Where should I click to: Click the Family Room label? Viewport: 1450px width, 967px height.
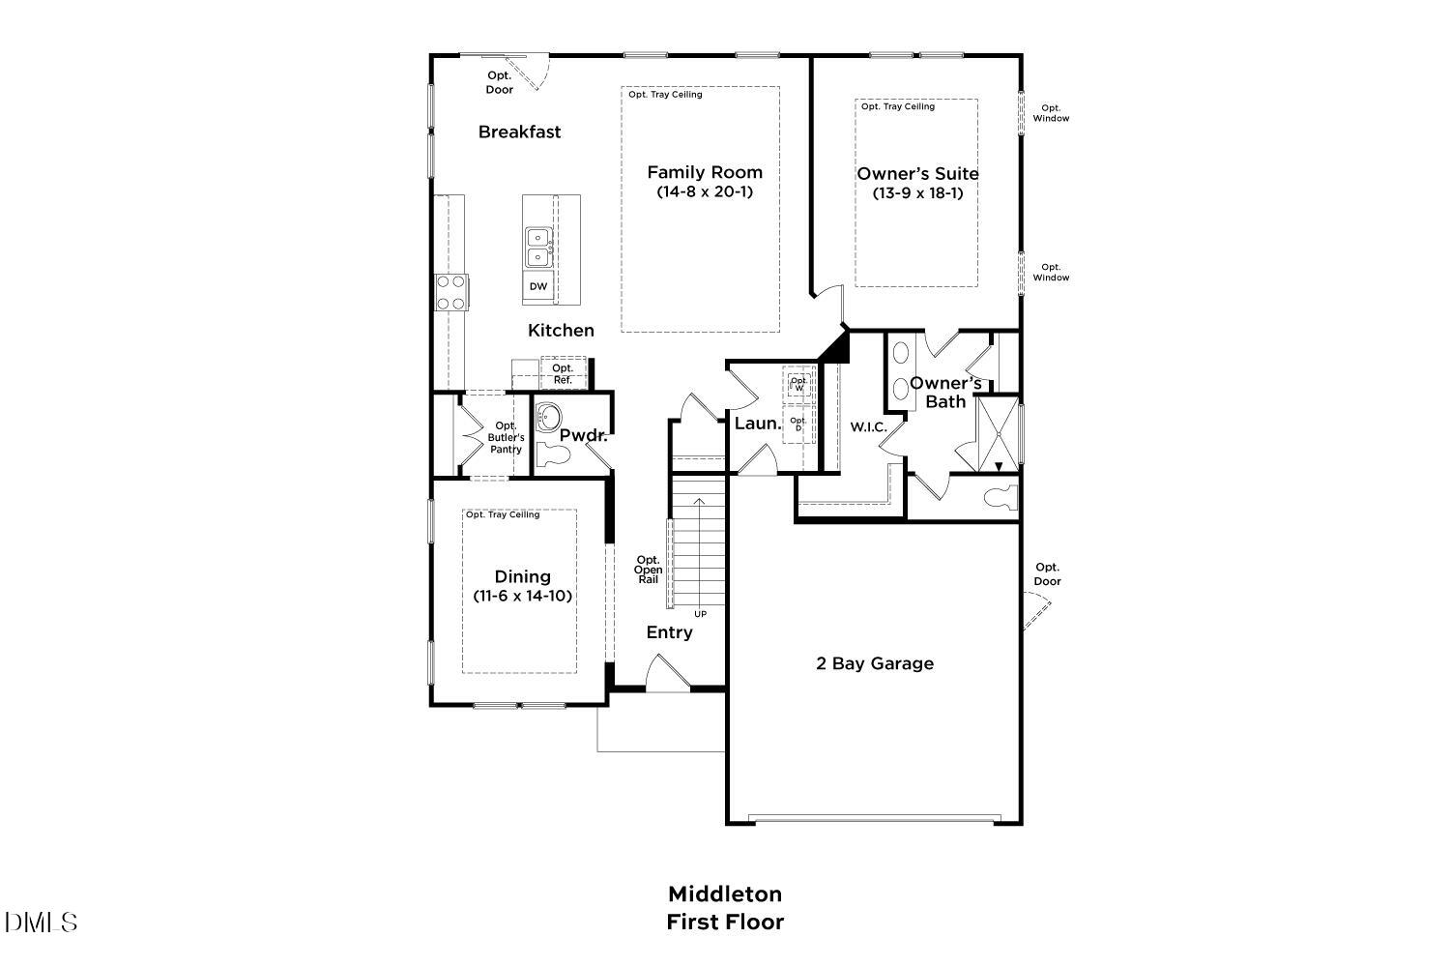705,172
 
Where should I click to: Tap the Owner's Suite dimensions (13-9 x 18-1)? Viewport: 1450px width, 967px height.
917,193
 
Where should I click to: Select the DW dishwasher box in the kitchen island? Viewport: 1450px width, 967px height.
538,286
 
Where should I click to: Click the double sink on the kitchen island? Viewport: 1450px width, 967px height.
538,247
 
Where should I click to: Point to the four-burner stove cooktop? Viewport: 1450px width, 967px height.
451,292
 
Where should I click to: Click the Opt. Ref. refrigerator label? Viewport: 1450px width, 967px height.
563,374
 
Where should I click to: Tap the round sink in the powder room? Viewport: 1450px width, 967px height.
549,418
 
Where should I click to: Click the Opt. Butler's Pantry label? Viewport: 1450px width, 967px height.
506,437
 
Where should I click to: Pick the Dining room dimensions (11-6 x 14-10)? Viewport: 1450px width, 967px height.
523,597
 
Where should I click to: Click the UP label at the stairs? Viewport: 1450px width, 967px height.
700,614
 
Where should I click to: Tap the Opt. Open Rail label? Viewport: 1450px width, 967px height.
648,570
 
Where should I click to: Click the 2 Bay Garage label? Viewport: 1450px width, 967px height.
875,663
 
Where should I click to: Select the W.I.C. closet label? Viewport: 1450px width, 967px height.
868,426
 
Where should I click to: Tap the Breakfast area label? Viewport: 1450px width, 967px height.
519,132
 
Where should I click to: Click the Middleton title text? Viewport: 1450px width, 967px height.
725,894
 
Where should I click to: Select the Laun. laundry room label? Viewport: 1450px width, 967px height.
757,424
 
